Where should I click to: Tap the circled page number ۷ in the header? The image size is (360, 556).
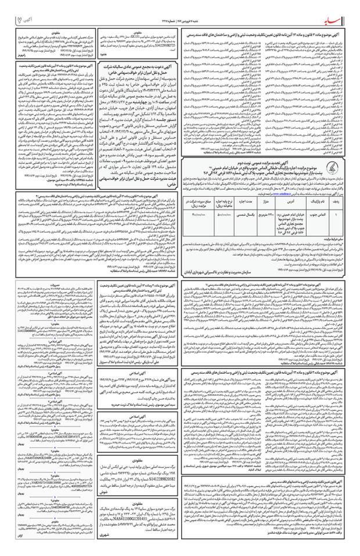pos(14,22)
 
